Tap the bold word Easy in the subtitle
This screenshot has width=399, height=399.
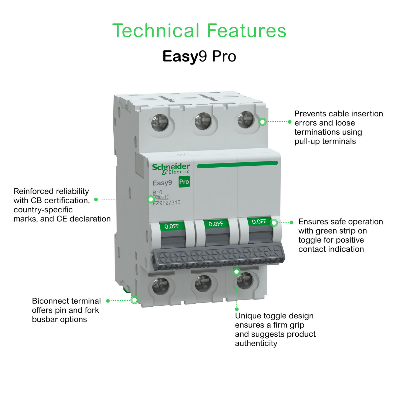(x=180, y=56)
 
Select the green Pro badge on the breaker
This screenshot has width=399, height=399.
(x=184, y=182)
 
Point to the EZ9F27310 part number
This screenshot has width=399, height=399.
(x=167, y=203)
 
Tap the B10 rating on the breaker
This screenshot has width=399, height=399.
(x=157, y=192)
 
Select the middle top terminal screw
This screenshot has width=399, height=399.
(x=203, y=121)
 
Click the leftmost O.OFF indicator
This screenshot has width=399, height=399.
(x=172, y=226)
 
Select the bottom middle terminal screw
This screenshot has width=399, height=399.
(x=203, y=283)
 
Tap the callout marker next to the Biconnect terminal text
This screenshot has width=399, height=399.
(x=134, y=300)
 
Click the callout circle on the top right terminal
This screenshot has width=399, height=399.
(x=262, y=121)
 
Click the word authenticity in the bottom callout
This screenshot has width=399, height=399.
(x=256, y=344)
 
